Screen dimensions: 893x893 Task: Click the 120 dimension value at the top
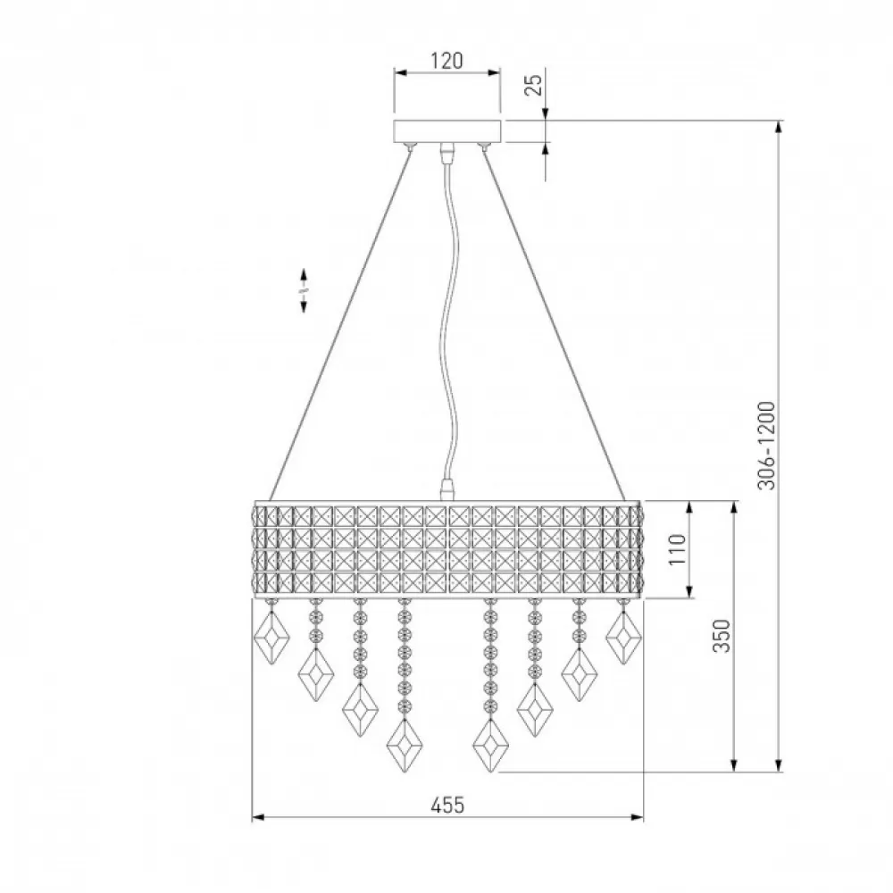point(446,61)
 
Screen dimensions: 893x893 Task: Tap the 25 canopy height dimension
point(534,85)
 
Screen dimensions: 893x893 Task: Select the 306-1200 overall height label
point(766,446)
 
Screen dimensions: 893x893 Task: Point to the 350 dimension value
point(722,636)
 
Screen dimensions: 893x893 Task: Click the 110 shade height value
point(677,549)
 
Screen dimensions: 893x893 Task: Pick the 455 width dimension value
point(447,805)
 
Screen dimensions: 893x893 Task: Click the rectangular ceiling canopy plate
point(447,131)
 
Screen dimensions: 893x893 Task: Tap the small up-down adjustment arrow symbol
point(304,290)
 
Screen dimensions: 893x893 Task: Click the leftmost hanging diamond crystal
point(271,638)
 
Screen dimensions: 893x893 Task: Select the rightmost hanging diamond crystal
point(624,638)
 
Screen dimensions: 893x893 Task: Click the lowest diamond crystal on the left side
point(405,746)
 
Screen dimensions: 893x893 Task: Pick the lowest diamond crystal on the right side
point(490,746)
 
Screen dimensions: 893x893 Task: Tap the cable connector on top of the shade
point(448,489)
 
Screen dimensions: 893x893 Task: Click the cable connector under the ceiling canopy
point(448,152)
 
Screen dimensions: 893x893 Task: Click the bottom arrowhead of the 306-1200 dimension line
point(779,765)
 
